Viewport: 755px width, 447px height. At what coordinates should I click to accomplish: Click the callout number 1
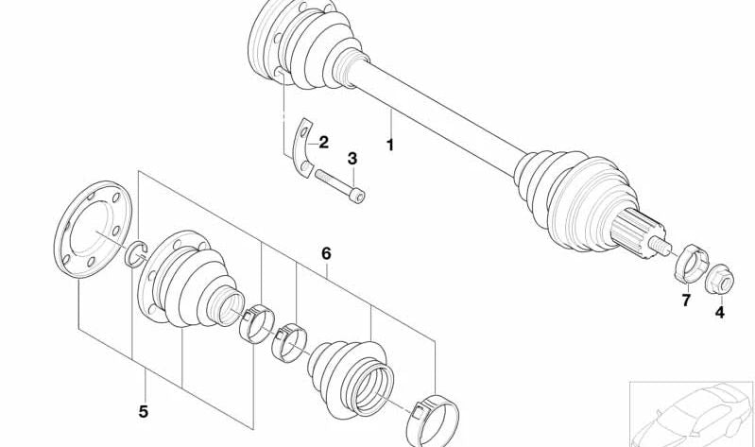(390, 145)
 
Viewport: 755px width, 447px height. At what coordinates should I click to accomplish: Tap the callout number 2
(323, 142)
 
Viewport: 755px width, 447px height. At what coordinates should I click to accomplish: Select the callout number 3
(352, 158)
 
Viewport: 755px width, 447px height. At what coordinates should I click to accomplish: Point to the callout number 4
(719, 313)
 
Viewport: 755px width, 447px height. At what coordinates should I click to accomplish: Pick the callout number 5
(143, 411)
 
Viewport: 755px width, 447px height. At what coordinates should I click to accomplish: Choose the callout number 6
(326, 253)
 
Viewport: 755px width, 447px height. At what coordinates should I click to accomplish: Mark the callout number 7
(686, 301)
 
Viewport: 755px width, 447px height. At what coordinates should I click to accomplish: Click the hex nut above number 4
(719, 279)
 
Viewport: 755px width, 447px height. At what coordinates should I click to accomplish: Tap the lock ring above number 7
(691, 264)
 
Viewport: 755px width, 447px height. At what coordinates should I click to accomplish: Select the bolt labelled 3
(339, 185)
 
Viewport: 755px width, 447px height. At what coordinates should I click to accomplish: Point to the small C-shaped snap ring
(136, 253)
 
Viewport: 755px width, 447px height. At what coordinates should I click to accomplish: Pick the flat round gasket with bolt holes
(92, 230)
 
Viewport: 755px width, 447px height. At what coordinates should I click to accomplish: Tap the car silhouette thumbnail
(692, 414)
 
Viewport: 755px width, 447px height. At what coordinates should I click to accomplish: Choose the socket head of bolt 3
(357, 196)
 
